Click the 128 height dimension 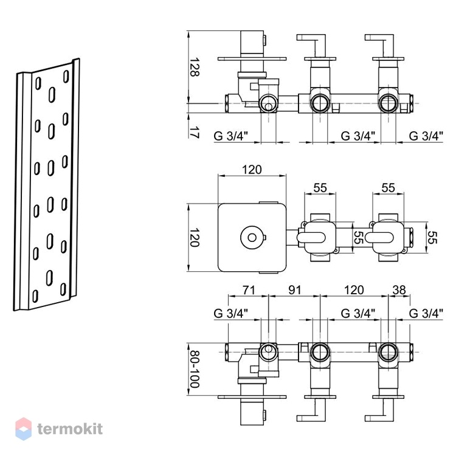pos(195,67)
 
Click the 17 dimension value pos(195,131)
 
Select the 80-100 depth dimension pos(195,369)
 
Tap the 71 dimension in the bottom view pos(249,290)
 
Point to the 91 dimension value pos(294,290)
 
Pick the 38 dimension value pos(399,290)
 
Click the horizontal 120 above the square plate pos(252,170)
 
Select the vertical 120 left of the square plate pos(195,237)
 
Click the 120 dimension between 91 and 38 pos(354,290)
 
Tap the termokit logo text pos(70,429)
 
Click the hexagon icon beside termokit pos(24,429)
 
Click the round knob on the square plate pos(252,238)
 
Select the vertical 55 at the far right pos(432,237)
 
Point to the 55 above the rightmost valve pos(389,188)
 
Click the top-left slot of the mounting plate pos(38,83)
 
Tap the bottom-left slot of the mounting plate pos(35,296)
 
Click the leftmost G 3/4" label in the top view pos(230,136)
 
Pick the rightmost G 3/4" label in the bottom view pos(426,313)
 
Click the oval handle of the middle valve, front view pos(311,237)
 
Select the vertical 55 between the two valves pos(359,237)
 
